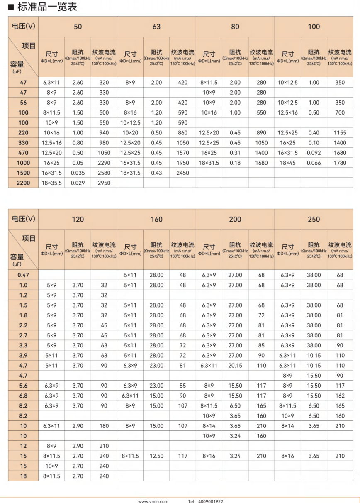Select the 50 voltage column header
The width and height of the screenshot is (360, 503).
pyautogui.click(x=78, y=27)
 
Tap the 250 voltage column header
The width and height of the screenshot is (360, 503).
pyautogui.click(x=314, y=219)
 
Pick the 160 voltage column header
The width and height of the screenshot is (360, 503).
pyautogui.click(x=156, y=219)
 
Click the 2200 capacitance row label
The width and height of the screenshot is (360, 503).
pyautogui.click(x=23, y=183)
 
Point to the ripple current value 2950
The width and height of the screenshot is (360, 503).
pyautogui.click(x=104, y=183)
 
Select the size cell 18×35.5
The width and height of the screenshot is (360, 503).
pyautogui.click(x=52, y=183)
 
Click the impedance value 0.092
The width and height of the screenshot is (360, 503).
pyautogui.click(x=314, y=153)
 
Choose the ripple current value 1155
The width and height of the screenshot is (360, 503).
pyautogui.click(x=340, y=133)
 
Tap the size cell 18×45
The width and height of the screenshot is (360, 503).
pyautogui.click(x=288, y=163)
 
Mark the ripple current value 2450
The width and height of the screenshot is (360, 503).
pyautogui.click(x=182, y=173)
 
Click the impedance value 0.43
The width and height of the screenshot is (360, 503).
pyautogui.click(x=156, y=173)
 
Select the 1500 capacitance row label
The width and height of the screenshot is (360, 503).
pyautogui.click(x=23, y=173)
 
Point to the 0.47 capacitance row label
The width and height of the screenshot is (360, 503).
pyautogui.click(x=23, y=275)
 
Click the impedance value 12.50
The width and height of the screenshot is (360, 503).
pyautogui.click(x=156, y=456)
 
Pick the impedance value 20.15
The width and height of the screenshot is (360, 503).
pyautogui.click(x=235, y=365)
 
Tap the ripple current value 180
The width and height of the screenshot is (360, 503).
pyautogui.click(x=104, y=426)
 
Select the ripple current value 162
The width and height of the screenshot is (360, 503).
pyautogui.click(x=340, y=396)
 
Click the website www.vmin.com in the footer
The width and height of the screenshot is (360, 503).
pyautogui.click(x=153, y=501)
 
